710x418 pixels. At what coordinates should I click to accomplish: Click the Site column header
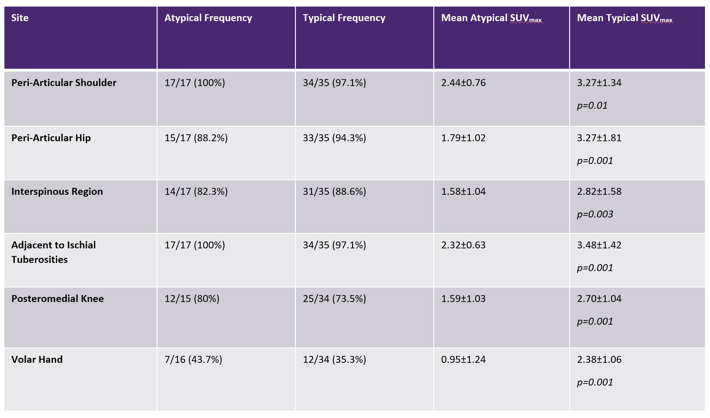(x=20, y=18)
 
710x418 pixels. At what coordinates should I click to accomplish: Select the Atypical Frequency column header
(x=208, y=18)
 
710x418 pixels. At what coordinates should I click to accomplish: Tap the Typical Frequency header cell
(x=344, y=18)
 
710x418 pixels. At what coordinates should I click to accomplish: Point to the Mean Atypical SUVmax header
(x=491, y=18)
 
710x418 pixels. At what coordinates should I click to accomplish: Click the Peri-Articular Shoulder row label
(x=64, y=83)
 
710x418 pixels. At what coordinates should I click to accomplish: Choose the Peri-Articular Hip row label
(x=51, y=138)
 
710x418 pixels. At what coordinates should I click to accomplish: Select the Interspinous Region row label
(x=57, y=191)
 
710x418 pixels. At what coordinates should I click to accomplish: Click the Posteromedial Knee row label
(x=58, y=299)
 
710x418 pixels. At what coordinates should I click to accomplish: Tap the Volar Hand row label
(x=37, y=359)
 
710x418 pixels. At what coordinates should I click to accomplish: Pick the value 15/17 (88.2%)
(x=196, y=138)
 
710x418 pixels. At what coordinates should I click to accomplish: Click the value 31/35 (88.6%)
(x=334, y=191)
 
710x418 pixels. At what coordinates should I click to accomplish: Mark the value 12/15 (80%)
(x=192, y=299)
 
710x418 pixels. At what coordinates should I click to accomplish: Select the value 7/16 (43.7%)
(x=193, y=359)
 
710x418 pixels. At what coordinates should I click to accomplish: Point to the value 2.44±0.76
(x=463, y=83)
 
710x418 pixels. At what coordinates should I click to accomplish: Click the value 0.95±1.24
(x=463, y=359)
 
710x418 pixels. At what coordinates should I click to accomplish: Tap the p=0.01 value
(x=592, y=105)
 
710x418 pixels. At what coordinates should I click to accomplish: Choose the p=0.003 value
(x=595, y=214)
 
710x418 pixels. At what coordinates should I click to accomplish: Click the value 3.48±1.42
(x=599, y=245)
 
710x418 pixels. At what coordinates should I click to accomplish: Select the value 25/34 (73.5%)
(x=334, y=299)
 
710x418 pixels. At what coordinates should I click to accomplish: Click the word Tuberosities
(x=39, y=260)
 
